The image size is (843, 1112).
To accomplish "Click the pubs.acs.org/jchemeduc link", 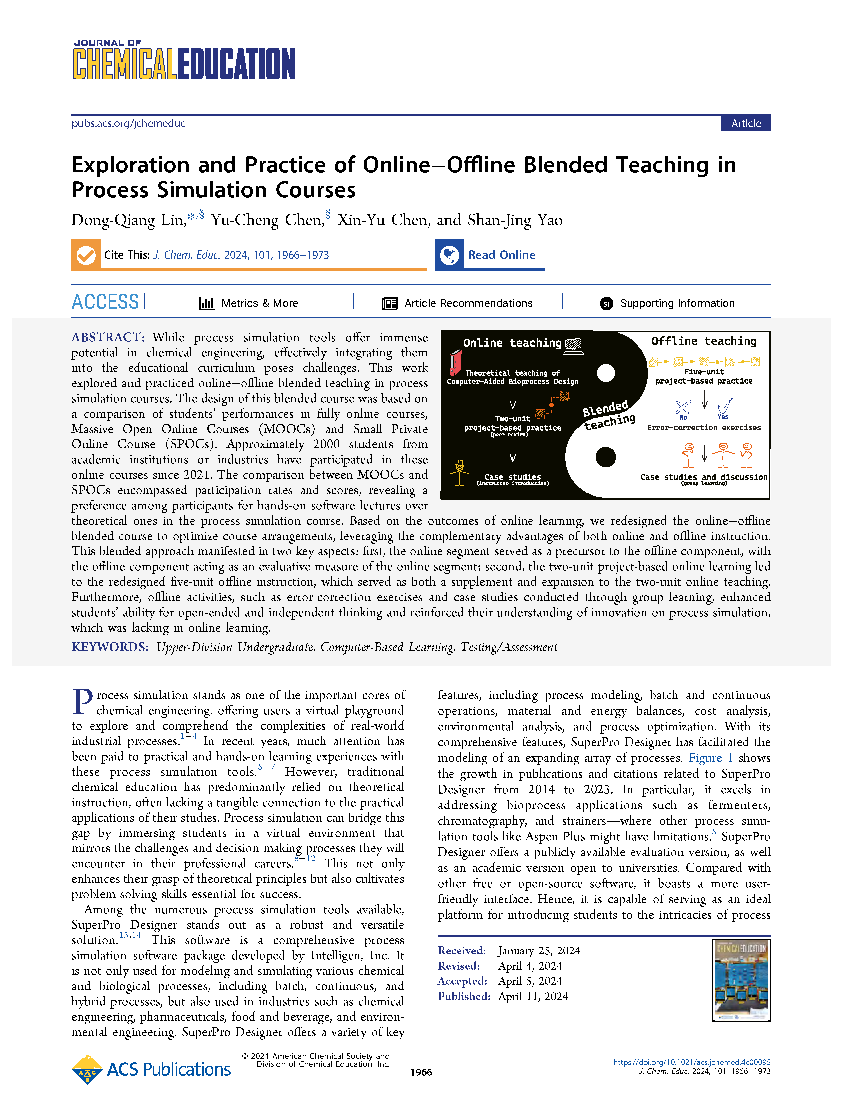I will tap(128, 123).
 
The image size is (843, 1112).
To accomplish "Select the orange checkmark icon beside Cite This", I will tap(86, 255).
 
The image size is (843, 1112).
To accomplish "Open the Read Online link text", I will tap(501, 255).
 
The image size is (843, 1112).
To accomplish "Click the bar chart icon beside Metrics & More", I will tap(207, 303).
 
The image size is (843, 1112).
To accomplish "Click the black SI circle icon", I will tap(606, 303).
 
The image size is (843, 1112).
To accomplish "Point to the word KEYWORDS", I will tap(110, 647).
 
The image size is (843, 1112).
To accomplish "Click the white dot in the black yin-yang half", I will tap(606, 373).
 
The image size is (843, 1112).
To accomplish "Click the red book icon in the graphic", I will tap(455, 363).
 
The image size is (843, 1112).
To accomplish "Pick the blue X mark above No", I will tap(683, 406).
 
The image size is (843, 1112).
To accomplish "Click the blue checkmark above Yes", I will tap(725, 405).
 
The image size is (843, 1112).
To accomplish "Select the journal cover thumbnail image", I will tap(741, 980).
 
